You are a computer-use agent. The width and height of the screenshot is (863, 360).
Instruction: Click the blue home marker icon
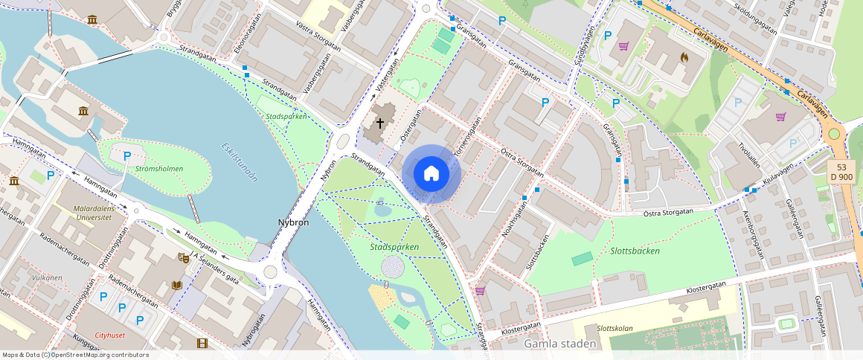coord(431,174)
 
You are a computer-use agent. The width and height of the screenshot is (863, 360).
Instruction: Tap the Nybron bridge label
coord(293,222)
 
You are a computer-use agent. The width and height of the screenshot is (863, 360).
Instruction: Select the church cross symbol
coord(380,123)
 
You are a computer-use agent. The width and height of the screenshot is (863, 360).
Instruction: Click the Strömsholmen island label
coord(160,169)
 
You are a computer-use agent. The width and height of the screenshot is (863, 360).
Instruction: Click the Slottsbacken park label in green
coord(634,251)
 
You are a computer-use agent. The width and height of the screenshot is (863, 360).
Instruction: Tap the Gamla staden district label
coord(560,344)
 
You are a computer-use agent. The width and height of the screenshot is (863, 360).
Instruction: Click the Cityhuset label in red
coord(110,335)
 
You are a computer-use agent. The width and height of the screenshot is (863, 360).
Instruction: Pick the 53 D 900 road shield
coord(841,172)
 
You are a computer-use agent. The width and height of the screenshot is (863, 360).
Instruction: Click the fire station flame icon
coord(684,56)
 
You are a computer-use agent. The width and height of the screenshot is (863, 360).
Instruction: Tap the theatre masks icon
coord(183,258)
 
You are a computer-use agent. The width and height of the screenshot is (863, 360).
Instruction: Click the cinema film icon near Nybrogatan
coord(202,343)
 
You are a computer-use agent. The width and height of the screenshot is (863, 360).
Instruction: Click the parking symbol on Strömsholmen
coord(127,156)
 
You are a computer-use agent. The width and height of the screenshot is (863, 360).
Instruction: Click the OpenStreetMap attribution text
coord(75,355)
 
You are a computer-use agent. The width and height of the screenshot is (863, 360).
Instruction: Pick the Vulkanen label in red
coord(48,277)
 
